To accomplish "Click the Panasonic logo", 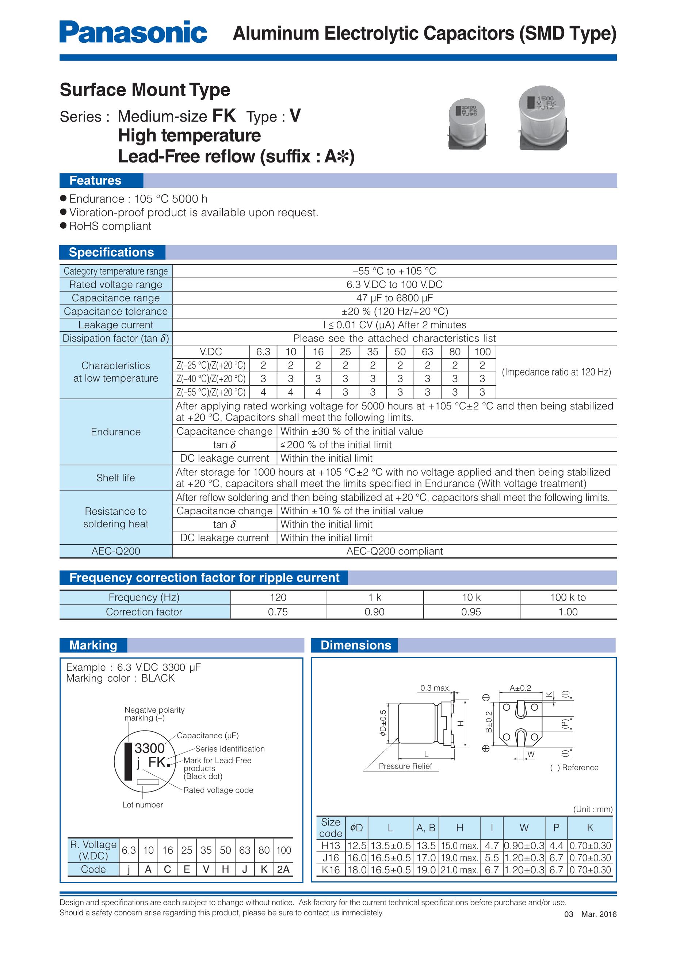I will coord(133,32).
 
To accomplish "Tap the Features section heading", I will coord(95,180).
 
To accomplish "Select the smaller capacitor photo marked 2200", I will coord(467,124).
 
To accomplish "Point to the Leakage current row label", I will coord(115,325).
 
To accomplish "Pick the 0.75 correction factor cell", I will coord(278,612).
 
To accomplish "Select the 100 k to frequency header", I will coord(568,597).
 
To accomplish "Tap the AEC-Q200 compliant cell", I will coord(394,551).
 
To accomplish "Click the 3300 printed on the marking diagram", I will coord(149,748).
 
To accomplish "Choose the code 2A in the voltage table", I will coord(283,869).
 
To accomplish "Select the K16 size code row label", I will coord(331,870).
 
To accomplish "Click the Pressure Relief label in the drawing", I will coord(405,766).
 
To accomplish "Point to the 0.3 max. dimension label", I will coord(435,688).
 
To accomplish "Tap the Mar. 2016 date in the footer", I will coord(599,914).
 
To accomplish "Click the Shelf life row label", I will coord(115,478).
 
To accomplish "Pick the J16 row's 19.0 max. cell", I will coord(459,858).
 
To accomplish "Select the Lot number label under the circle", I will coord(142,804).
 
